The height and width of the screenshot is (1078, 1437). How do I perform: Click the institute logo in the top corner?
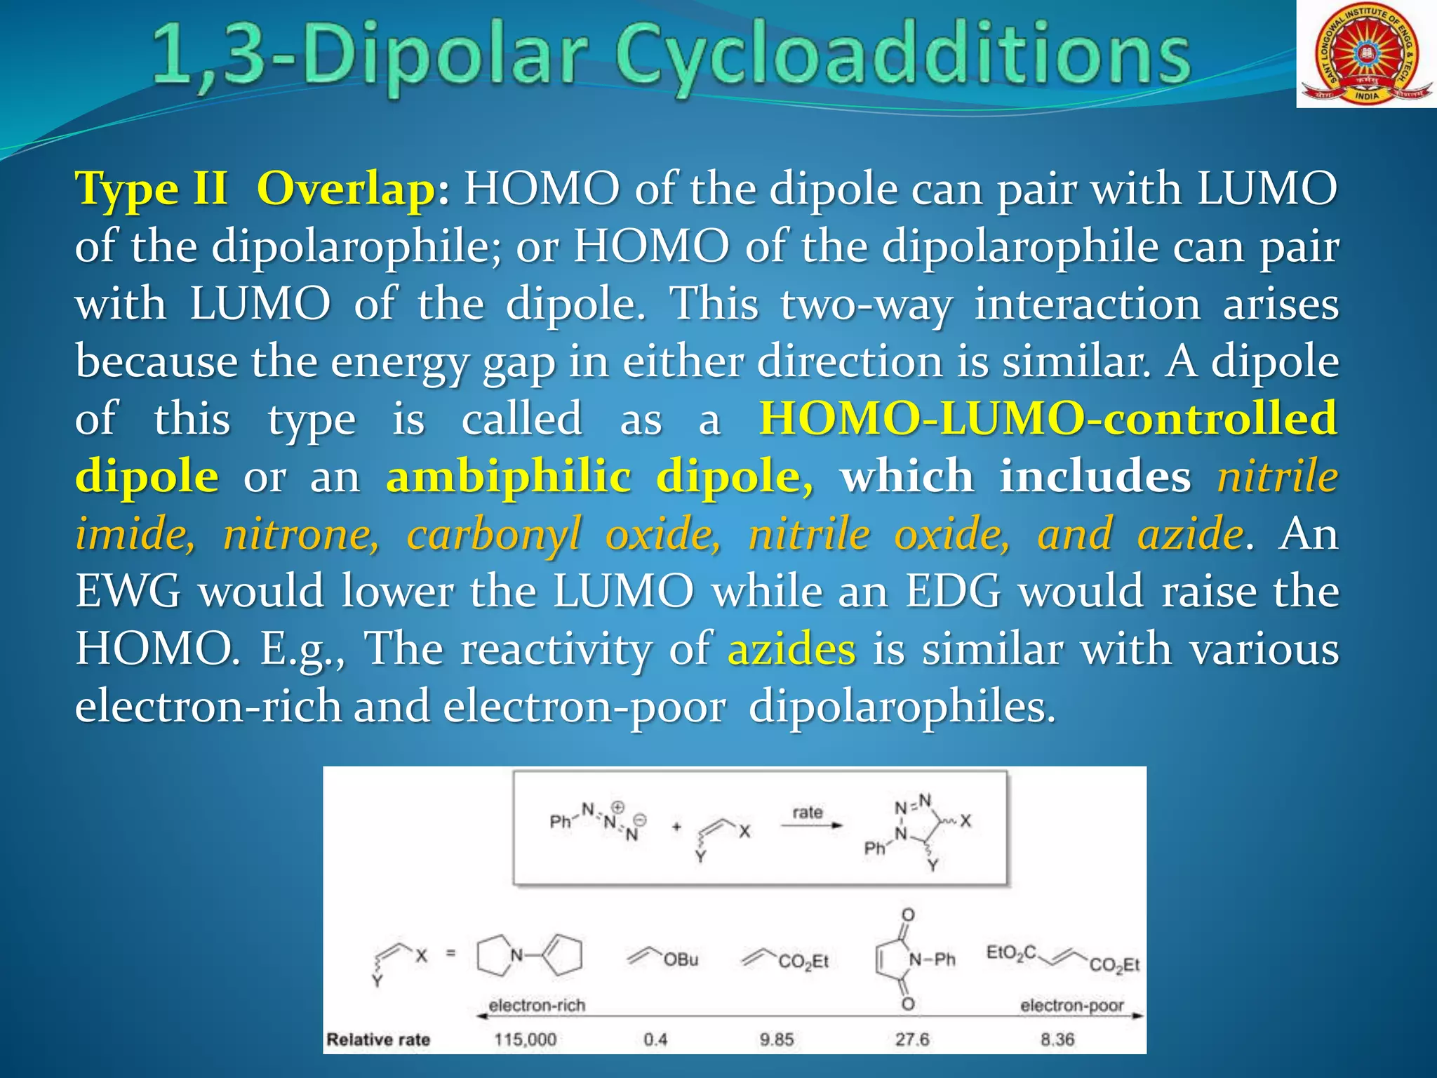point(1365,55)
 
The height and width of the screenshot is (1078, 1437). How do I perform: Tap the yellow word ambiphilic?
point(509,477)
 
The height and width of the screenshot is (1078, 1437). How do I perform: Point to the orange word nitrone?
point(301,534)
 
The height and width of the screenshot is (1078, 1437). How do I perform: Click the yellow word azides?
point(791,648)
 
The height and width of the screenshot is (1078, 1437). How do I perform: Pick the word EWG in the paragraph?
point(128,591)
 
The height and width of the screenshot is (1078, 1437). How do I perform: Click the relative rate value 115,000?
point(525,1039)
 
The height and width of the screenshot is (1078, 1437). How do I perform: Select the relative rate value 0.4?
point(655,1039)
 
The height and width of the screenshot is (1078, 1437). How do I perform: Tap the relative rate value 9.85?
point(777,1039)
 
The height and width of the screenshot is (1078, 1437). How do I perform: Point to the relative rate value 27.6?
point(911,1039)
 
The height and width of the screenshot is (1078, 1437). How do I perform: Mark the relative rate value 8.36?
point(1057,1039)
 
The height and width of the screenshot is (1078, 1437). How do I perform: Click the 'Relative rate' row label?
point(378,1039)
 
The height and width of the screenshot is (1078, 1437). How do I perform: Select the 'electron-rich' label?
point(537,1005)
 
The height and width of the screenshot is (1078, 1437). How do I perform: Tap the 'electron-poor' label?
point(1071,1005)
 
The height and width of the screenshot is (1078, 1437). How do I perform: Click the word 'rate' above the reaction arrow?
point(807,812)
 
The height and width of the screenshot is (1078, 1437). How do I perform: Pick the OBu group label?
point(681,959)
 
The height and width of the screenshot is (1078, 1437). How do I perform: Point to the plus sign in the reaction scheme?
point(676,827)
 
